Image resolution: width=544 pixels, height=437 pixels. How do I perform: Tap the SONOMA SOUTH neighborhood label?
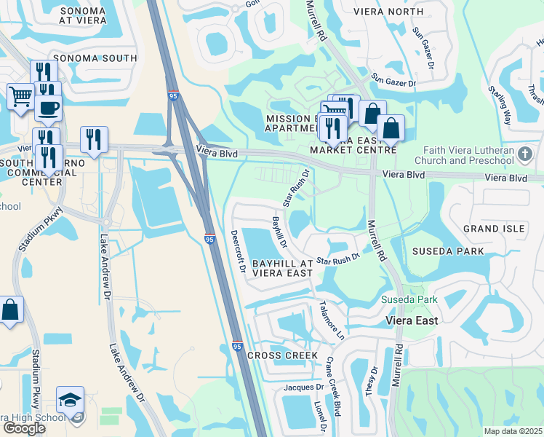click(100, 58)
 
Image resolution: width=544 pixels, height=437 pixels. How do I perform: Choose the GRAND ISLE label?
click(494, 229)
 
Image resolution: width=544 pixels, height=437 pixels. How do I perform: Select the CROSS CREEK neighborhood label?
click(282, 355)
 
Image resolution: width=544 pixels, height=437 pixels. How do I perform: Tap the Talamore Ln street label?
click(329, 321)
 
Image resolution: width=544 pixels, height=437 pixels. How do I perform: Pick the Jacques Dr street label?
click(303, 387)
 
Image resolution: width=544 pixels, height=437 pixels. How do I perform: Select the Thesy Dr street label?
click(372, 380)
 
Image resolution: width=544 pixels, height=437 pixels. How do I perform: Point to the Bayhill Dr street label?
click(279, 230)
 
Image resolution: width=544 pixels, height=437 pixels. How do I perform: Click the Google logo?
click(24, 428)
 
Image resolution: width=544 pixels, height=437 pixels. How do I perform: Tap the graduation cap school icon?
click(70, 401)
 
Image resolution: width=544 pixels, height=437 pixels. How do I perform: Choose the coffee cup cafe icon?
click(49, 109)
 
